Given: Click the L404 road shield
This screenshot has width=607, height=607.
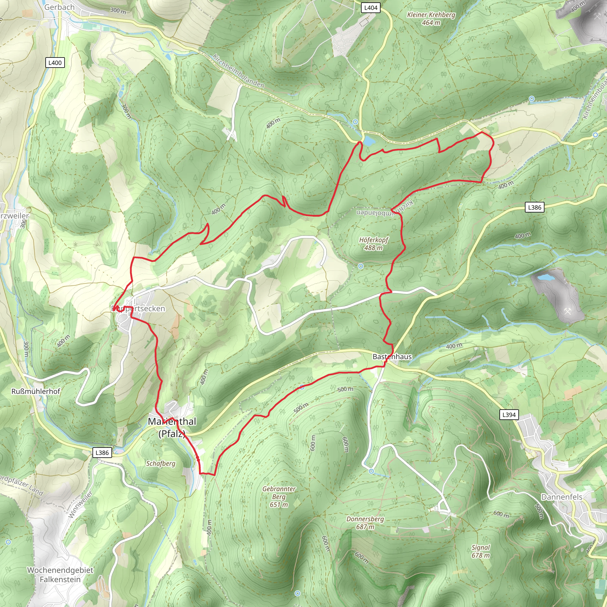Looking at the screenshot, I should (371, 8).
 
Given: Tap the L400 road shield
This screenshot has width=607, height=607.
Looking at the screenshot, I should (55, 63).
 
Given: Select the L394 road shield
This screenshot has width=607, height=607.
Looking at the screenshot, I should (509, 415).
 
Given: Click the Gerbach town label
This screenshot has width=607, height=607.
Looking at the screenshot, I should (59, 7).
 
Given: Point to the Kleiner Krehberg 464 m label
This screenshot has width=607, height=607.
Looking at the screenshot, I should (431, 19).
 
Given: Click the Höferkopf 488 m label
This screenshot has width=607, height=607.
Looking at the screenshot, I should (373, 244).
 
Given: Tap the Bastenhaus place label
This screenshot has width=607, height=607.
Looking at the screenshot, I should (392, 357).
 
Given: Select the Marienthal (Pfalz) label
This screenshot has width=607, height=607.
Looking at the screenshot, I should (172, 427).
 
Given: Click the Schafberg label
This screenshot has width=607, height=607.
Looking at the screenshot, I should (161, 464).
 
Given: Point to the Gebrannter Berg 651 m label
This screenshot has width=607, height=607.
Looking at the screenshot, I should (279, 497).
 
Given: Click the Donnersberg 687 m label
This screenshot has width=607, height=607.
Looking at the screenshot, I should (365, 523).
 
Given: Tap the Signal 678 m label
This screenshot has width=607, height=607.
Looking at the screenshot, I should (480, 551).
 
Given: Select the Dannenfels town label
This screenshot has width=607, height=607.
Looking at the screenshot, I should (562, 497).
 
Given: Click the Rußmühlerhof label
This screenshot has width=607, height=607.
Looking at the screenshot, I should (36, 392).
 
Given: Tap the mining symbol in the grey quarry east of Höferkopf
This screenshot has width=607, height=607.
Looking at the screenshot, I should (568, 312).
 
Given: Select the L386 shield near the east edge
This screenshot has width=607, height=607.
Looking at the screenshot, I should (535, 207).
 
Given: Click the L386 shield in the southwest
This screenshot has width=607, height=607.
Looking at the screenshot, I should (102, 453).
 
